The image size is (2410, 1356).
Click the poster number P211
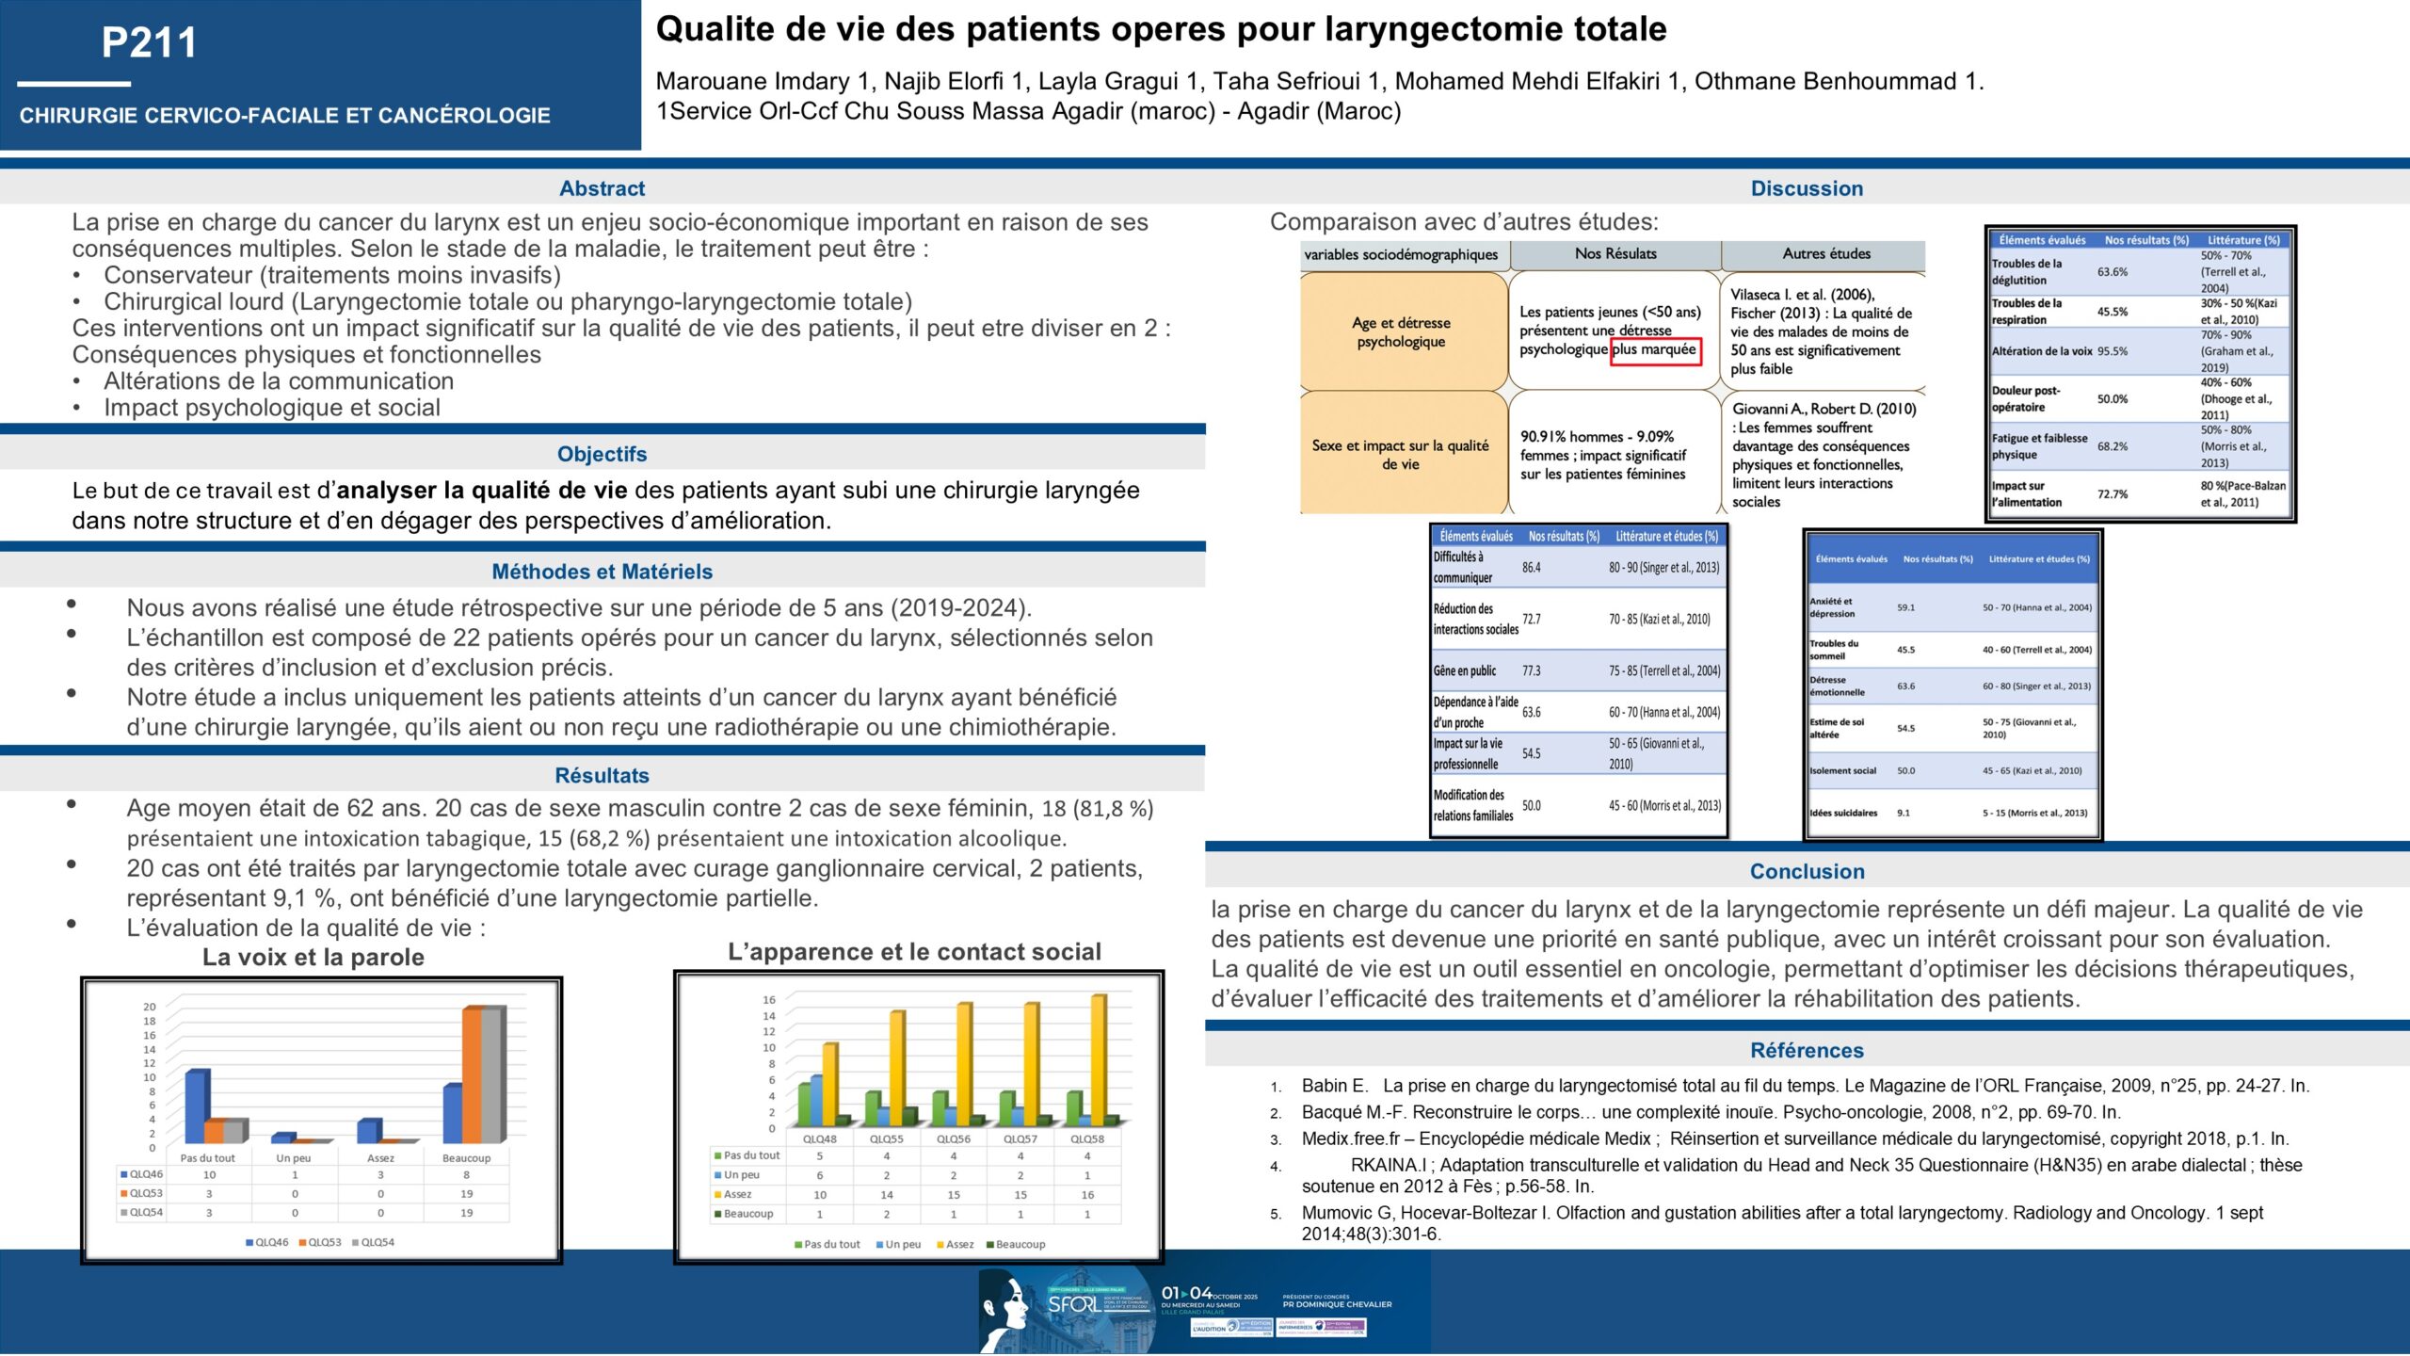(149, 43)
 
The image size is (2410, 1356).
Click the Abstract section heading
(602, 188)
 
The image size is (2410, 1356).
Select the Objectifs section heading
(602, 454)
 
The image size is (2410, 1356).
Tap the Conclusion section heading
(1807, 871)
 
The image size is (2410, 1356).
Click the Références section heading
(1807, 1050)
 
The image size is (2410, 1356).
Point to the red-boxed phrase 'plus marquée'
(1655, 350)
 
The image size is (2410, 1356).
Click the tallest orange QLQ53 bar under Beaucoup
(471, 1073)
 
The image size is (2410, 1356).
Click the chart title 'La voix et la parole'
(313, 958)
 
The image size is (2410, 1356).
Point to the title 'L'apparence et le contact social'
(914, 952)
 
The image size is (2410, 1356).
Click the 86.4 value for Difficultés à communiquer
(1532, 568)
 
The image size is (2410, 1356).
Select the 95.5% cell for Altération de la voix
(2112, 351)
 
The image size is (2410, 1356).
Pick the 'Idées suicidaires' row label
(1842, 813)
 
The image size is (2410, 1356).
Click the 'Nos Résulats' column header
(1615, 254)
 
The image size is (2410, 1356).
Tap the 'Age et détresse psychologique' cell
(1401, 331)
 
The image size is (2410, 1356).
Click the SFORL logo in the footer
(1073, 1304)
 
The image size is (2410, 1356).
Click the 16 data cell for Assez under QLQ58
(1087, 1195)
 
